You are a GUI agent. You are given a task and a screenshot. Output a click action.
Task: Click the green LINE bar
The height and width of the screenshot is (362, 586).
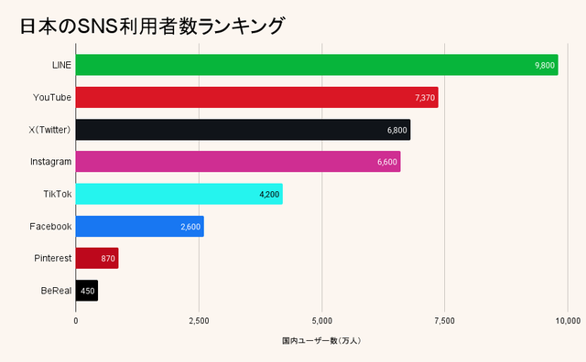pos(302,65)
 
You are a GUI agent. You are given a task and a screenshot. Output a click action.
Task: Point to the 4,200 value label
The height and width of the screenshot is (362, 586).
pos(269,194)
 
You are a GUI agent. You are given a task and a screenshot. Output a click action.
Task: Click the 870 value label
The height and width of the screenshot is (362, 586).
pos(108,259)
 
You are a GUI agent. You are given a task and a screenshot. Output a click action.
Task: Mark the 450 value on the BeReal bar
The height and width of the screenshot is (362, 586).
pos(88,291)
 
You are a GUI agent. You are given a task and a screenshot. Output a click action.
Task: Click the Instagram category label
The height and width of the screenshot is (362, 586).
pos(50,162)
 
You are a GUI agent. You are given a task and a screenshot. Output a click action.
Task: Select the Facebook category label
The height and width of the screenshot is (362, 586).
pos(50,226)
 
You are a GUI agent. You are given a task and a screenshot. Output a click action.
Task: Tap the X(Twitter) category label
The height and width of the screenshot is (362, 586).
pos(50,130)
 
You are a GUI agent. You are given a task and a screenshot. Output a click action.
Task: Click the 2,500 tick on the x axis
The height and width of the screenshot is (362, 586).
pos(199,320)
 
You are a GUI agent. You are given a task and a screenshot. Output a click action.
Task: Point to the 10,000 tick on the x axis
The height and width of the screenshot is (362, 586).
pos(567,320)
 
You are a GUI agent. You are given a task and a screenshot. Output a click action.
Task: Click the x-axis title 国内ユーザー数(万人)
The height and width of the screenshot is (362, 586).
pos(322,341)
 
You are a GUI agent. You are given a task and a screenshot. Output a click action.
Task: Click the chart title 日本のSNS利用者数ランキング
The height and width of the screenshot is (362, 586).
pos(151,27)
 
